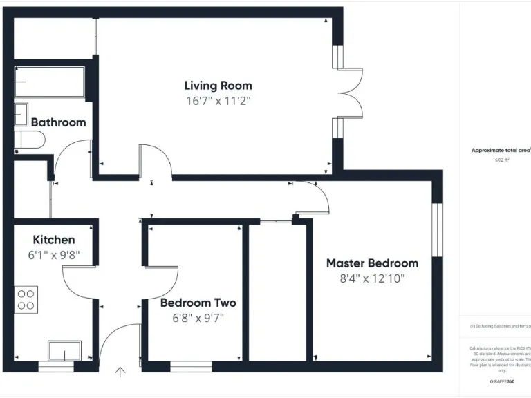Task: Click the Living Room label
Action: [x=218, y=86]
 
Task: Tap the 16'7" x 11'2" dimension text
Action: [x=218, y=101]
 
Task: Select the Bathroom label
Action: [x=59, y=122]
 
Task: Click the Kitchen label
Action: [x=54, y=240]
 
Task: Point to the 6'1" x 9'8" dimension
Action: [x=54, y=254]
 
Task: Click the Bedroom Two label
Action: [x=198, y=303]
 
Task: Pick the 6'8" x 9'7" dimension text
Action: [x=198, y=318]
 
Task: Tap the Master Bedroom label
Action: [x=372, y=263]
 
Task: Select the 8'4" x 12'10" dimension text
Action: [x=372, y=278]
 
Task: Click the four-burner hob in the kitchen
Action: [x=26, y=298]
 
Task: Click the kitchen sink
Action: [x=64, y=351]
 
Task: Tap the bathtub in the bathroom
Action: [x=50, y=82]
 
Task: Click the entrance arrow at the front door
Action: [x=120, y=372]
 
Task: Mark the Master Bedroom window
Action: [x=437, y=229]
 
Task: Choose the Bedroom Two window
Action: [x=191, y=366]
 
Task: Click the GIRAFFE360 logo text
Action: [x=501, y=381]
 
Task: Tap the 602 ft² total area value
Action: [x=501, y=160]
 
